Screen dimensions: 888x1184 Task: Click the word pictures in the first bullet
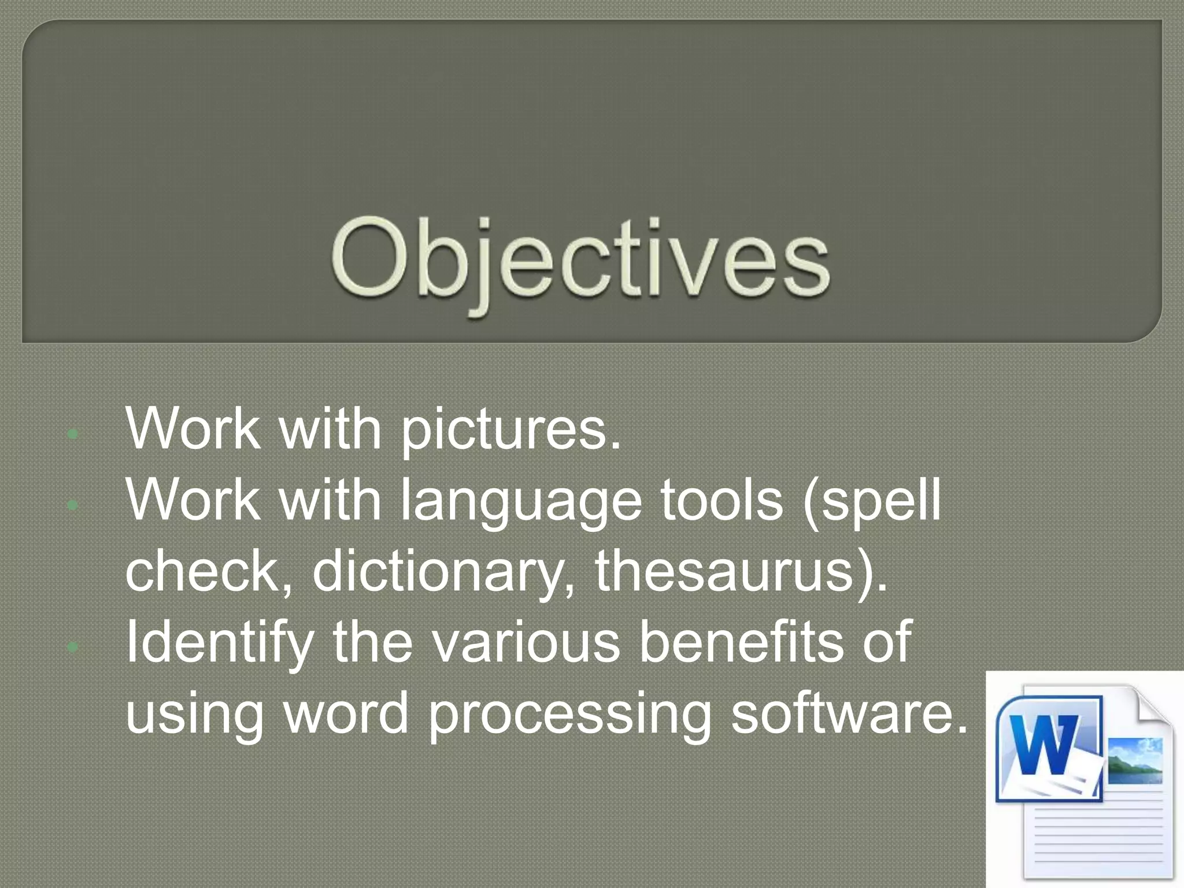[510, 431]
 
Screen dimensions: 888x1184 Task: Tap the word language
[520, 502]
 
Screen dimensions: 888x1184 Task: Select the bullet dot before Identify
[72, 647]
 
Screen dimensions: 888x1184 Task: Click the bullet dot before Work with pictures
[72, 434]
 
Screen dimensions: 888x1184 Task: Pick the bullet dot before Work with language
[72, 505]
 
